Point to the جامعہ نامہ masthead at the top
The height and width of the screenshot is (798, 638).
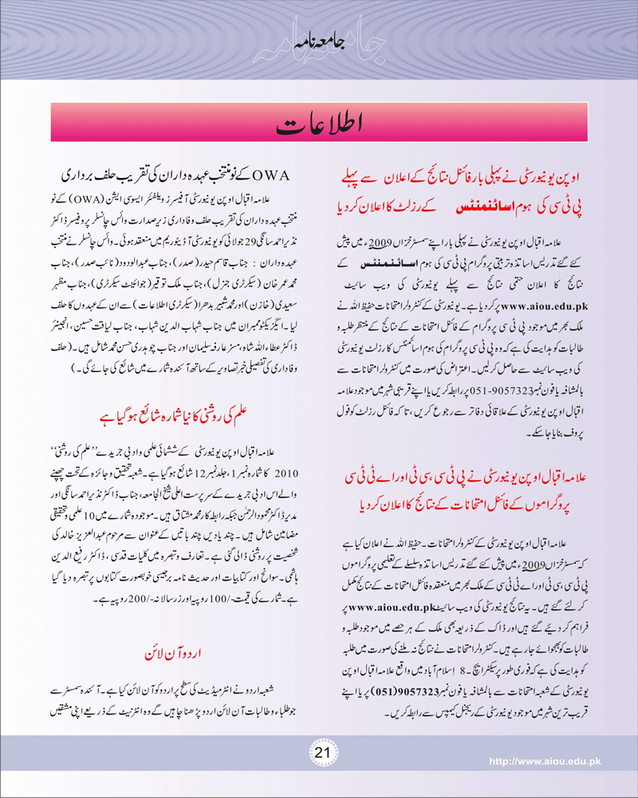click(x=319, y=41)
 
